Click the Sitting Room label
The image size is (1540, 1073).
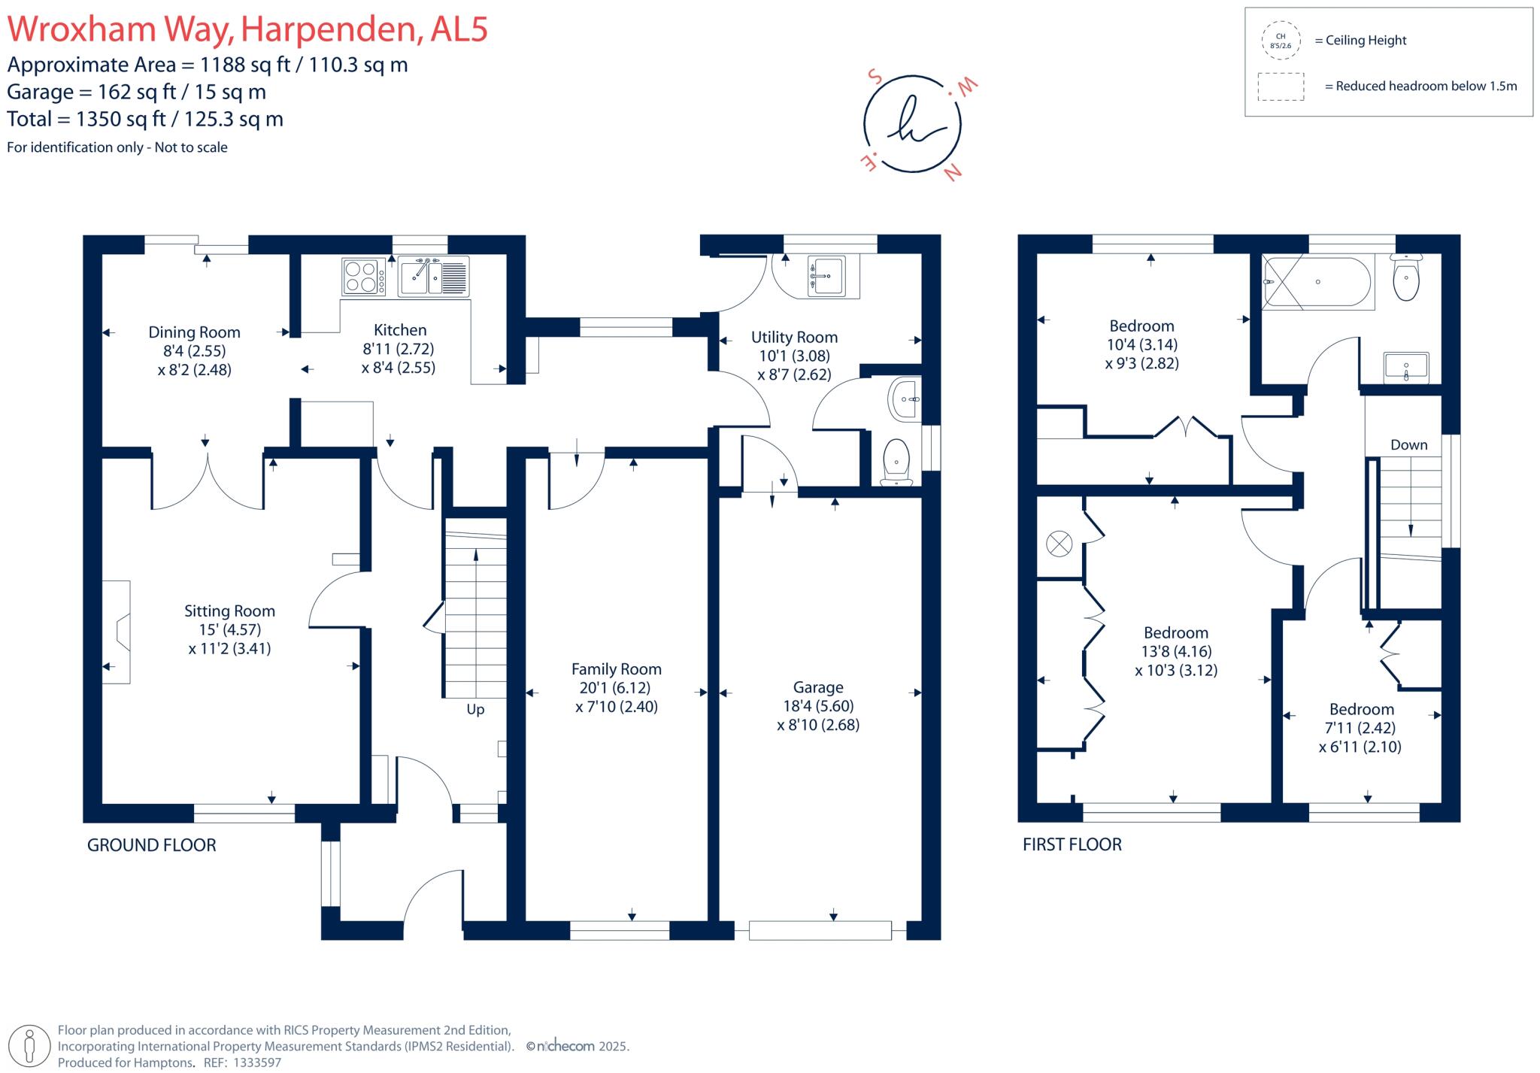[229, 611]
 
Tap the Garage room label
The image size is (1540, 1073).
[818, 687]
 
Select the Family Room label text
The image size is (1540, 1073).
[616, 669]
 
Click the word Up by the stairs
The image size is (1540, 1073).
[475, 709]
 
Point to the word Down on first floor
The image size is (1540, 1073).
[1408, 444]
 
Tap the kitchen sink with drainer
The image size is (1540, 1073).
[433, 276]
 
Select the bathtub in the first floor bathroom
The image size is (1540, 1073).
[1317, 282]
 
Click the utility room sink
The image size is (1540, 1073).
[826, 276]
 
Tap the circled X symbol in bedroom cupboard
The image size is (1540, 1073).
[1059, 544]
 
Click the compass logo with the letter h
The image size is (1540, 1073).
[912, 124]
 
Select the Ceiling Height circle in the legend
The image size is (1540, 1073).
[1281, 41]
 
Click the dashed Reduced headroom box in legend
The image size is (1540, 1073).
[1281, 86]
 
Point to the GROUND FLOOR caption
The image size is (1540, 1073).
[151, 845]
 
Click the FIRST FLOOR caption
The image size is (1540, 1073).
[1072, 844]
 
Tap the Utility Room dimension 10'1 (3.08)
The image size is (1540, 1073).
[794, 356]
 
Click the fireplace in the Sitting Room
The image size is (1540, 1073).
[117, 632]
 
